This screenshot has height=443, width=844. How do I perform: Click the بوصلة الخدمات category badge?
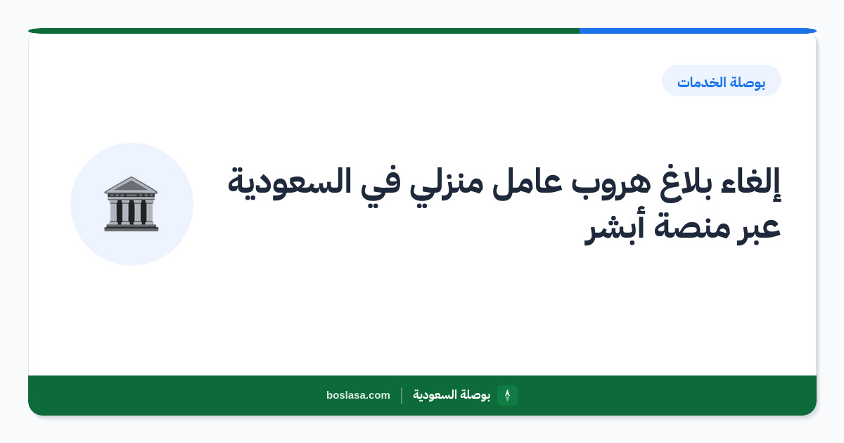click(722, 81)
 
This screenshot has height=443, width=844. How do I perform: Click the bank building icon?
click(131, 204)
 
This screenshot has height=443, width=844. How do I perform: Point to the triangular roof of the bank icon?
click(131, 186)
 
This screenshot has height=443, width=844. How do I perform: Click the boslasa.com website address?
click(358, 395)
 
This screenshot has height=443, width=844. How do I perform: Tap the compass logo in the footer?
click(507, 395)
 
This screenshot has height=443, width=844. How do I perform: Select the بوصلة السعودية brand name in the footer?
click(452, 394)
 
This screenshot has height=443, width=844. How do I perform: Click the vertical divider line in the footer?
click(402, 395)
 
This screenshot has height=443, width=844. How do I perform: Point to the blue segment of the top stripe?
click(698, 31)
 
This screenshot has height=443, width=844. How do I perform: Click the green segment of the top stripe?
click(304, 31)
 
